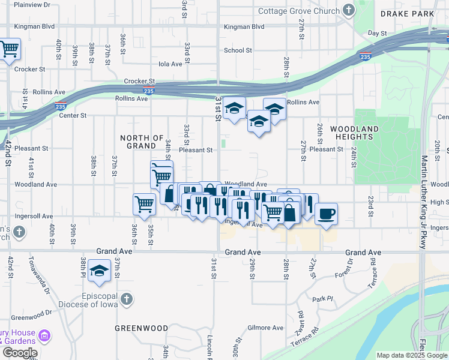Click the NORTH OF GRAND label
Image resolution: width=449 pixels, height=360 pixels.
click(142, 142)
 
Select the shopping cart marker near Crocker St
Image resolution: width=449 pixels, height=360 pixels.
click(9, 49)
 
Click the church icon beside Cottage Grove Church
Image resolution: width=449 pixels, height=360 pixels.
click(348, 10)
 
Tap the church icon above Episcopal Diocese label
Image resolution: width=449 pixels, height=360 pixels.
click(126, 299)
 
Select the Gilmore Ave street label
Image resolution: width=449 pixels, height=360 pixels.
click(265, 328)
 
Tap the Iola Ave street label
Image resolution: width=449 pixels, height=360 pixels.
click(170, 64)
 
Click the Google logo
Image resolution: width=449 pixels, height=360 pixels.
click(20, 353)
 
